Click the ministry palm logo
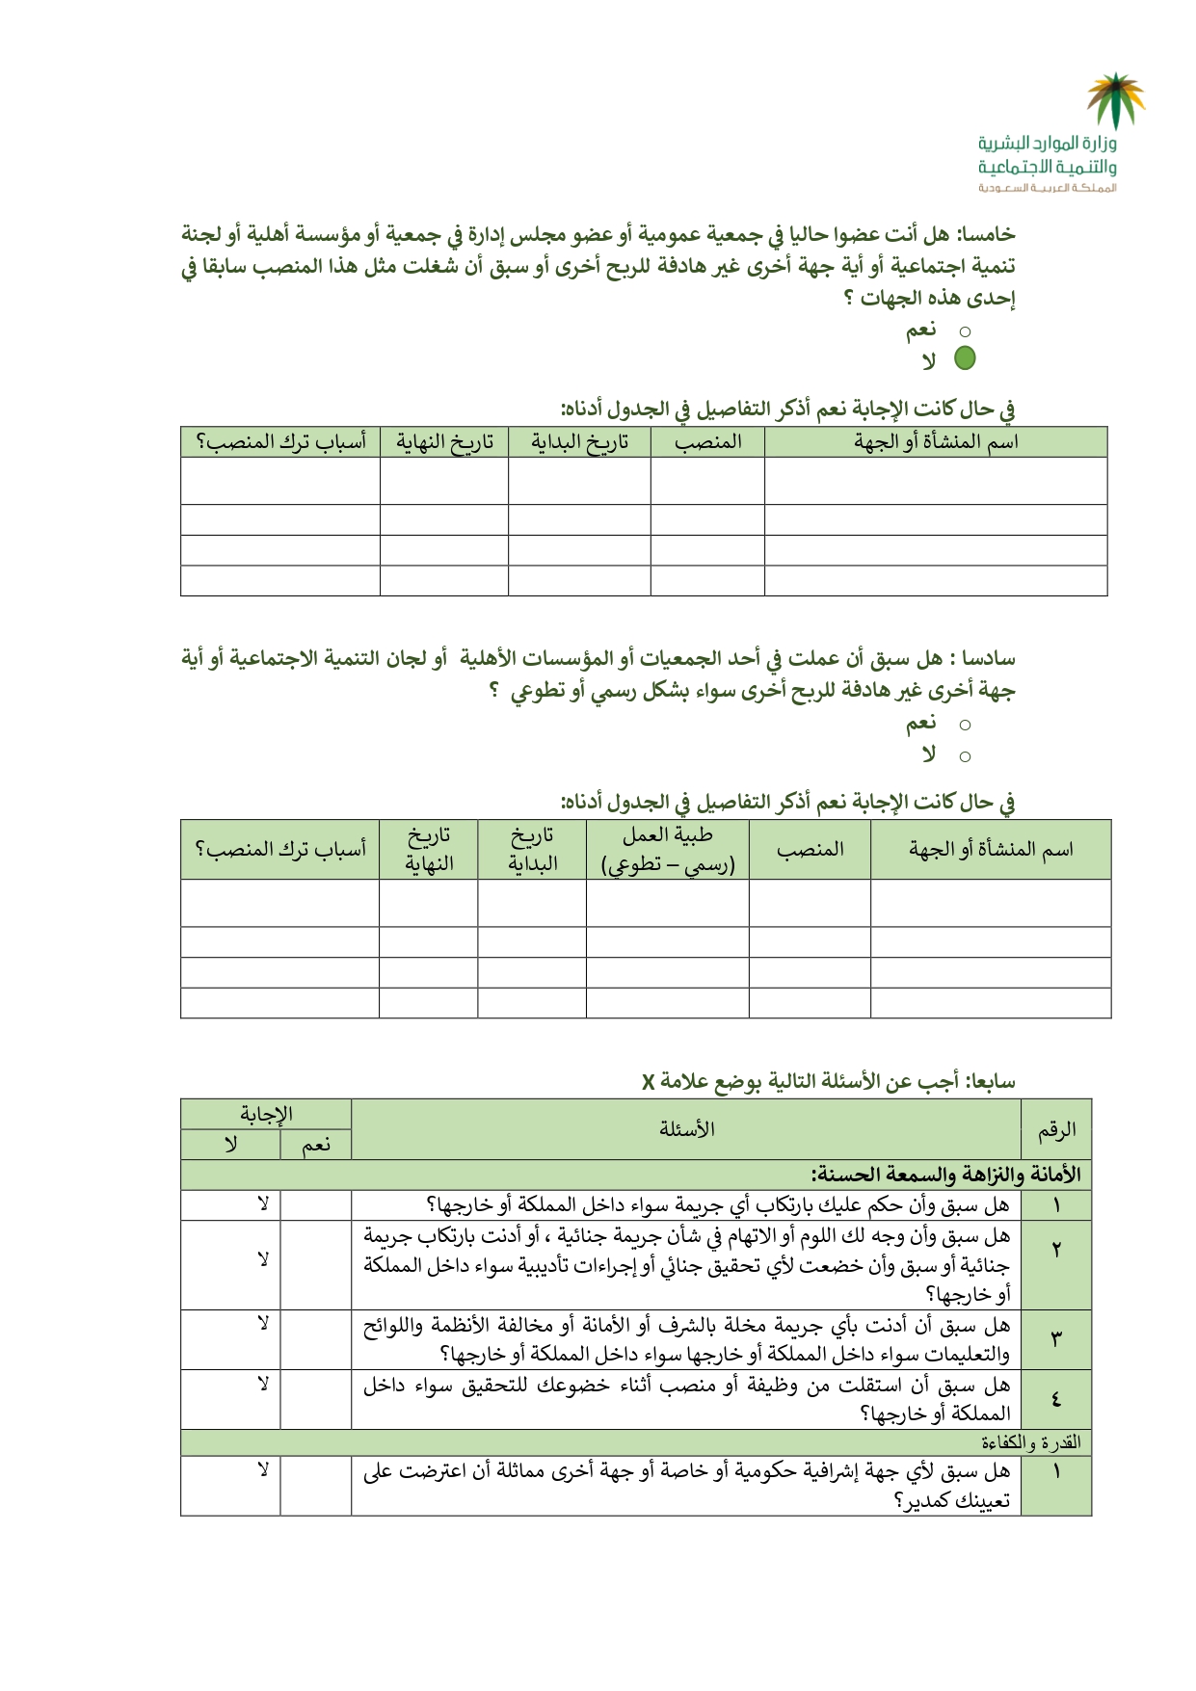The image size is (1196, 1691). (x=1115, y=100)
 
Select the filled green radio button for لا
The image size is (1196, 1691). (x=965, y=358)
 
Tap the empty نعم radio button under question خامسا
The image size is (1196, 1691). (x=965, y=332)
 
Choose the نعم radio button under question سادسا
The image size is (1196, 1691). (x=965, y=725)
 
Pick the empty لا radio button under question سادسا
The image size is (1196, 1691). (x=965, y=757)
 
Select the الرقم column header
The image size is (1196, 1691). (x=1056, y=1129)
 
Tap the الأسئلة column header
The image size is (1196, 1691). (x=686, y=1129)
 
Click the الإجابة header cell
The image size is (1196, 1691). (x=266, y=1115)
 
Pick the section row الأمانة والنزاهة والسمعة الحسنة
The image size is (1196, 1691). (x=946, y=1176)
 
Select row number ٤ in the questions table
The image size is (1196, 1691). (x=1056, y=1399)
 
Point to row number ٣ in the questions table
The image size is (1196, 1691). (x=1056, y=1339)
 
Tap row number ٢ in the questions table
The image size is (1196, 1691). (x=1056, y=1250)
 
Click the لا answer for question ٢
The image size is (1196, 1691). (x=262, y=1259)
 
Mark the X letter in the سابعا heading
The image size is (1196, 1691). (x=648, y=1082)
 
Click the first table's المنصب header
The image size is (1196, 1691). (x=707, y=442)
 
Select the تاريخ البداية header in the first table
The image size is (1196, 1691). (x=579, y=442)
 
